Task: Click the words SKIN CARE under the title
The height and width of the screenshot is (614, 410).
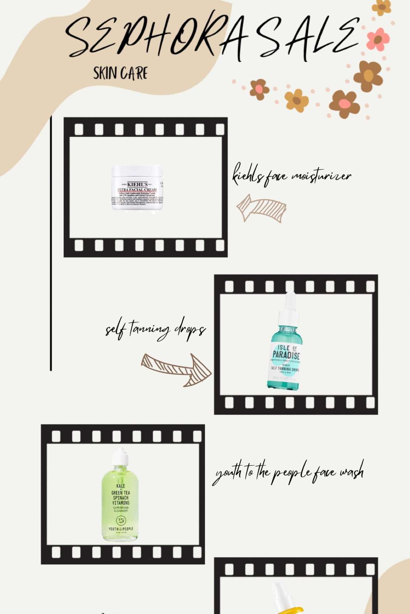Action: click(x=120, y=73)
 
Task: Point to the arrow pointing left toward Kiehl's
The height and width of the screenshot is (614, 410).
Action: click(x=261, y=208)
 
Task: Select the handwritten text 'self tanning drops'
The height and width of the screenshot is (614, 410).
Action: click(x=156, y=329)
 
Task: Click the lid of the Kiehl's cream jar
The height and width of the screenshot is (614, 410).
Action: click(x=137, y=171)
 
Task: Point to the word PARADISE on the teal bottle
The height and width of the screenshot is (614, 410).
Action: click(x=286, y=355)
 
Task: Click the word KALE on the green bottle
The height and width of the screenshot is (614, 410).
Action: click(x=121, y=486)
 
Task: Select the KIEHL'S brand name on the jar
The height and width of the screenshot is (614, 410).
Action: click(x=137, y=184)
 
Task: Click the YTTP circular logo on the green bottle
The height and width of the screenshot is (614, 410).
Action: click(x=121, y=521)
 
